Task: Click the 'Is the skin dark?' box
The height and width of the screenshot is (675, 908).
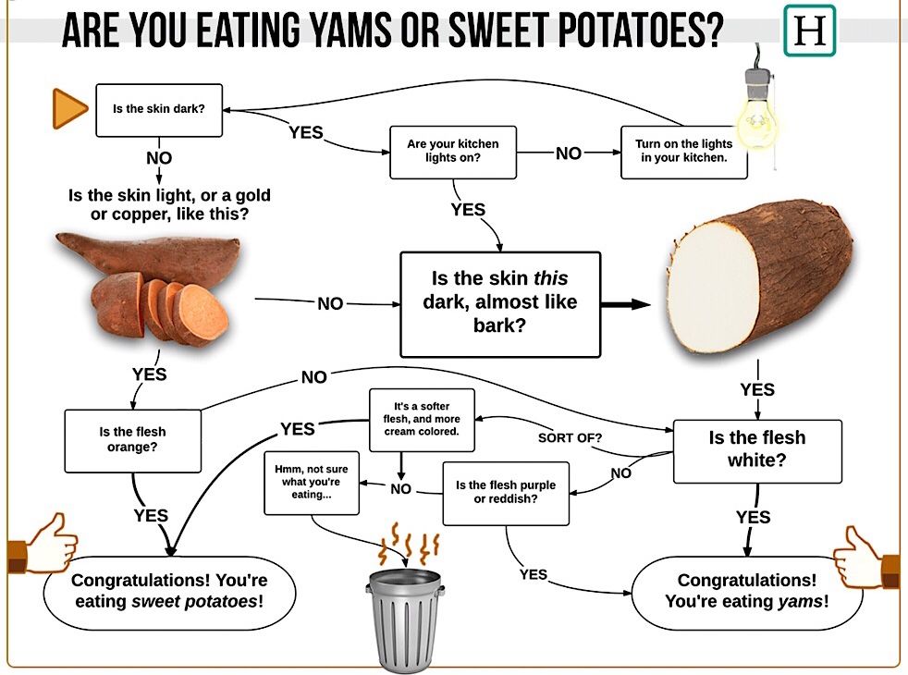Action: (x=159, y=109)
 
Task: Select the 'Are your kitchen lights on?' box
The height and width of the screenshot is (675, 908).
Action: (x=452, y=152)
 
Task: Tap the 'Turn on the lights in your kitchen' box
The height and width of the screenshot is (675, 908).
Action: (x=683, y=152)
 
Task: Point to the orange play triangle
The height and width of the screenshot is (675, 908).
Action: (x=68, y=109)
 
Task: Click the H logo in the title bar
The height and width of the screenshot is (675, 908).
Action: (x=809, y=31)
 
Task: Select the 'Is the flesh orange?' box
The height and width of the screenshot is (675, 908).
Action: (x=132, y=439)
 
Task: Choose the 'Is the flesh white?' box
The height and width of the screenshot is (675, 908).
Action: (x=756, y=449)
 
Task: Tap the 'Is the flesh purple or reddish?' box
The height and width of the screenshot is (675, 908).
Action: (x=506, y=493)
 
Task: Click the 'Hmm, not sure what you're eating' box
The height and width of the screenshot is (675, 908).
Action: (x=310, y=482)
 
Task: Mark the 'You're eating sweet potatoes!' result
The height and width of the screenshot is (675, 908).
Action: (x=168, y=592)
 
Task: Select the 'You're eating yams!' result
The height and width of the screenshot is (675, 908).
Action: (x=746, y=592)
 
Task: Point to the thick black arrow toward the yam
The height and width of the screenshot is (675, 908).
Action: (x=627, y=303)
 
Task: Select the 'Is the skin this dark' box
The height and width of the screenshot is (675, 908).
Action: (x=499, y=302)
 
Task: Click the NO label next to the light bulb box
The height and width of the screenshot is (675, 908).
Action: (x=569, y=153)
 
